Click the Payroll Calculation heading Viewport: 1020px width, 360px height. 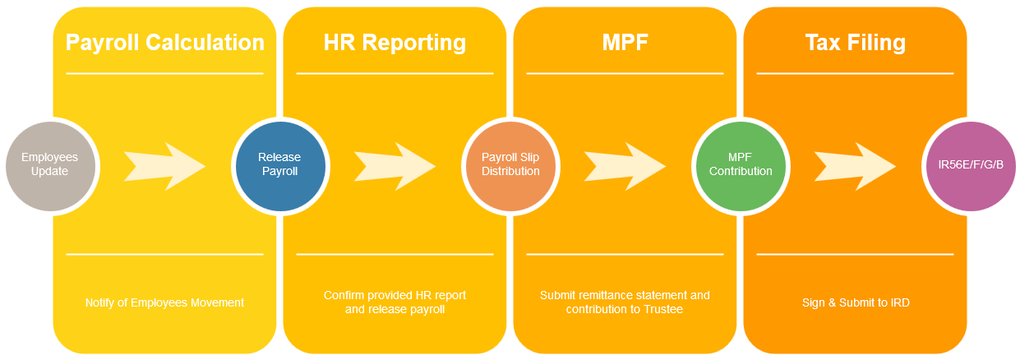[164, 43]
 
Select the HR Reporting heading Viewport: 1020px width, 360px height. [395, 43]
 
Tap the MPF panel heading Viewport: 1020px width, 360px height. [625, 43]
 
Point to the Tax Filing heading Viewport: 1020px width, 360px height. [855, 43]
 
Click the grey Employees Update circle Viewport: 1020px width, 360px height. [49, 164]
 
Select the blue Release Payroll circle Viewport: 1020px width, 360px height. [279, 164]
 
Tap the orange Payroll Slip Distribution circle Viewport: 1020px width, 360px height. [510, 164]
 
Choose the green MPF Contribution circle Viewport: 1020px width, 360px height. [740, 164]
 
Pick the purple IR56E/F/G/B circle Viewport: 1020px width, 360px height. [970, 164]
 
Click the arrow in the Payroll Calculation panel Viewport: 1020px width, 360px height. [164, 164]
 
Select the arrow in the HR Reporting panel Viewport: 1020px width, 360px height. [395, 164]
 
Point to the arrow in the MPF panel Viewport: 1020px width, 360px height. [625, 164]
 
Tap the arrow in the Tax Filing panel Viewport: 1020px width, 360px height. [855, 164]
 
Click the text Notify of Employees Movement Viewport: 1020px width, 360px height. [164, 302]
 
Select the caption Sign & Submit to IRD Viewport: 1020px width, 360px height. [855, 302]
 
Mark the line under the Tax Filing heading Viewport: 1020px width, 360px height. [855, 73]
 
